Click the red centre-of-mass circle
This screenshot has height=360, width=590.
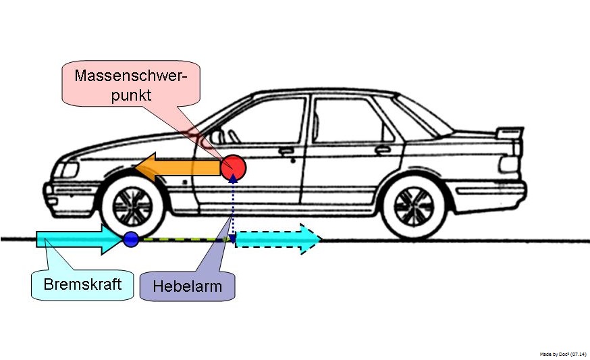click(234, 166)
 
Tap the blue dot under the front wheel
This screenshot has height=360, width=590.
click(131, 238)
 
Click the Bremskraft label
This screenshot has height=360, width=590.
click(82, 284)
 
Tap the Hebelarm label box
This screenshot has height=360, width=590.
click(187, 286)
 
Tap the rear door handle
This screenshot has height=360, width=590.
click(383, 149)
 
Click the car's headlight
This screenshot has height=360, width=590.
click(67, 168)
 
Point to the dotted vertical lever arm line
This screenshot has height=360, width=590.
click(234, 209)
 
